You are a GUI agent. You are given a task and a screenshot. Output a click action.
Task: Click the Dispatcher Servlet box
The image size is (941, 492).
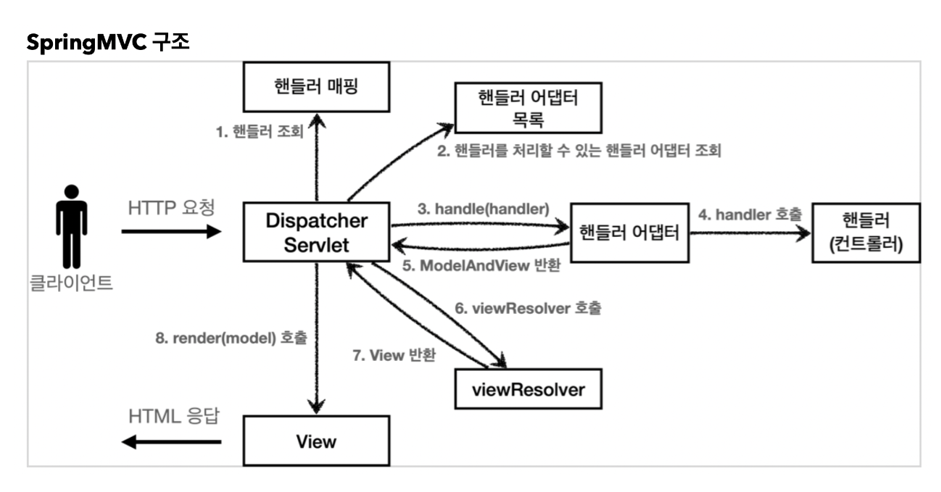tap(316, 232)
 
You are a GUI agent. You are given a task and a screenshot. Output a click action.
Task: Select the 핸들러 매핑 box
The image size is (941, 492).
tap(316, 87)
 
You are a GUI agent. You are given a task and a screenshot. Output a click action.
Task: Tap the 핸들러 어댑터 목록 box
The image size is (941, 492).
tap(528, 108)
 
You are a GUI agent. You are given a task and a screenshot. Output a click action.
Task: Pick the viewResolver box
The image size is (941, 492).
tap(528, 389)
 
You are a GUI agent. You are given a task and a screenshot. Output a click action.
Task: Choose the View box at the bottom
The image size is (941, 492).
tap(316, 441)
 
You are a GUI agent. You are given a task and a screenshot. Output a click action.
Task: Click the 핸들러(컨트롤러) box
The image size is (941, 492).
tap(866, 233)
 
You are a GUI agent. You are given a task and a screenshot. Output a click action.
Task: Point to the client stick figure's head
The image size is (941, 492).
tap(72, 191)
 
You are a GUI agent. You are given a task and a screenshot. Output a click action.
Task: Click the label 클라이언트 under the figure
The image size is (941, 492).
tap(71, 283)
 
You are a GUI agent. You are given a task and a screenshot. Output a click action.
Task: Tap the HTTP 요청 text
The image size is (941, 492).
tap(171, 208)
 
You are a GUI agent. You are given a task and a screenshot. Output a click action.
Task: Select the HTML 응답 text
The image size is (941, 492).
tap(174, 416)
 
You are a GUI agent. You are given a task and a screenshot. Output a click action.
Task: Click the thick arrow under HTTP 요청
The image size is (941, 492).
tap(171, 231)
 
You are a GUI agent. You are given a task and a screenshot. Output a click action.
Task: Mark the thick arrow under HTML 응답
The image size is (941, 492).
tap(171, 441)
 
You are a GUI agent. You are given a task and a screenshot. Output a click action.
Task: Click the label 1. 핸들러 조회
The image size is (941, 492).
tap(260, 132)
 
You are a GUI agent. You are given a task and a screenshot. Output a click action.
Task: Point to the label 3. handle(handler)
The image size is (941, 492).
tap(483, 209)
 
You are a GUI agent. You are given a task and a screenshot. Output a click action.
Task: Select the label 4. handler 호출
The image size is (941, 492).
tap(750, 214)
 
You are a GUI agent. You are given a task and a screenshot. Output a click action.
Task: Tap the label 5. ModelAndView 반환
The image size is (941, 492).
tap(481, 265)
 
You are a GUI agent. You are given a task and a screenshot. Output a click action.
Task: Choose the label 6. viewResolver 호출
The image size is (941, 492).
tap(528, 308)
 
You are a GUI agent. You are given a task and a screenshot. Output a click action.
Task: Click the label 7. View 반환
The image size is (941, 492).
tap(394, 355)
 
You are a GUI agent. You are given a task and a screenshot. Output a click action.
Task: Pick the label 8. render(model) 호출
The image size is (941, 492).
tap(231, 338)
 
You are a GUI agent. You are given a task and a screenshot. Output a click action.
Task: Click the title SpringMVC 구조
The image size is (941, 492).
tap(108, 42)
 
